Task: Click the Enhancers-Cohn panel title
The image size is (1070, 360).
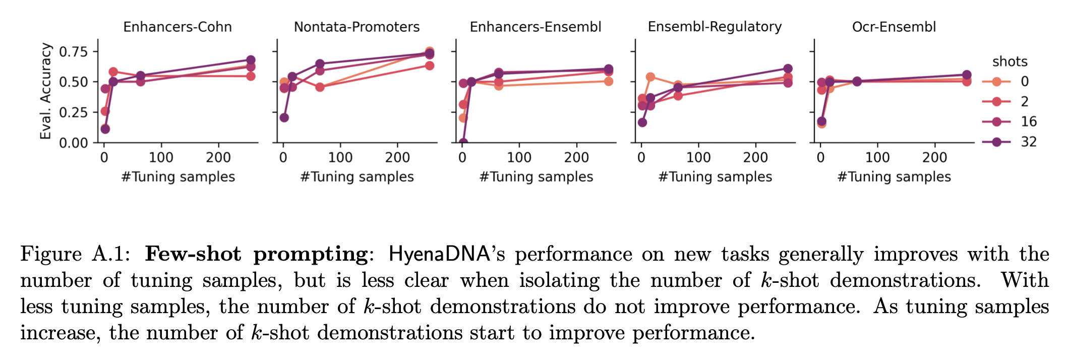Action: (177, 27)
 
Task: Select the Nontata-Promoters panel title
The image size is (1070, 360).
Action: (356, 27)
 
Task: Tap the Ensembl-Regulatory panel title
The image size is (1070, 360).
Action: (715, 27)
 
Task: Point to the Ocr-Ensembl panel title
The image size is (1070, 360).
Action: (894, 27)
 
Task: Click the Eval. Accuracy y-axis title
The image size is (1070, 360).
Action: (46, 91)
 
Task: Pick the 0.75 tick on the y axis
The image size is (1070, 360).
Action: (73, 51)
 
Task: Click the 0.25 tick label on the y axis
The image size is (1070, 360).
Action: (73, 112)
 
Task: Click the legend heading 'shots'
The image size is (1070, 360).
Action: (1009, 62)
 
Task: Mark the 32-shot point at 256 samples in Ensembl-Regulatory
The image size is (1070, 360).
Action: (788, 69)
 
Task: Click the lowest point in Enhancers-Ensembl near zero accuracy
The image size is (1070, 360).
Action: (463, 143)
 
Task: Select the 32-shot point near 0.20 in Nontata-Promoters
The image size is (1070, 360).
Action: (284, 117)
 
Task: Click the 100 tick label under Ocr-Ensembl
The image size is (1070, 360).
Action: (877, 158)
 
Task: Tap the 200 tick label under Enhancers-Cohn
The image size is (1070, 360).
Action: (218, 158)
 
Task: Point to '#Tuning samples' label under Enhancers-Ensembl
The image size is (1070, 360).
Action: (536, 177)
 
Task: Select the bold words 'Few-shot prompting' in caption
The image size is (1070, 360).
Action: (256, 254)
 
